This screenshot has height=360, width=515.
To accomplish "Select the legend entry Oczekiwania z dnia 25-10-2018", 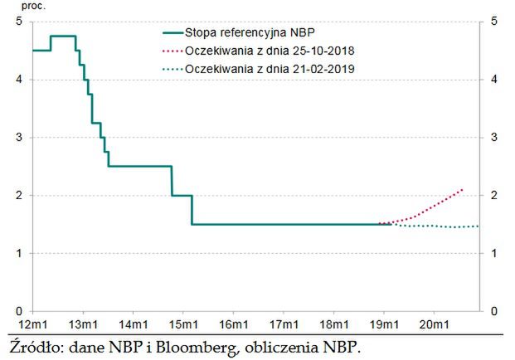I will [x=270, y=51].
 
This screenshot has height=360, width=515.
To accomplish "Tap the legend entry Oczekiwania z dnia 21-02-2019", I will [x=270, y=69].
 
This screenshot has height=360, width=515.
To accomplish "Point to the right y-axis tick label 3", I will [x=494, y=138].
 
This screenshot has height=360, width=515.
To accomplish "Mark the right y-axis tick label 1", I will [x=494, y=253].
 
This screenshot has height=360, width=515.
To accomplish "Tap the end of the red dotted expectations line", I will [x=463, y=189].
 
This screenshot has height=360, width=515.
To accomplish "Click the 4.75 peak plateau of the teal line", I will [x=63, y=36].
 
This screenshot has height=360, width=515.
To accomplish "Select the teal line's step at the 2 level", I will [x=182, y=195].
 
